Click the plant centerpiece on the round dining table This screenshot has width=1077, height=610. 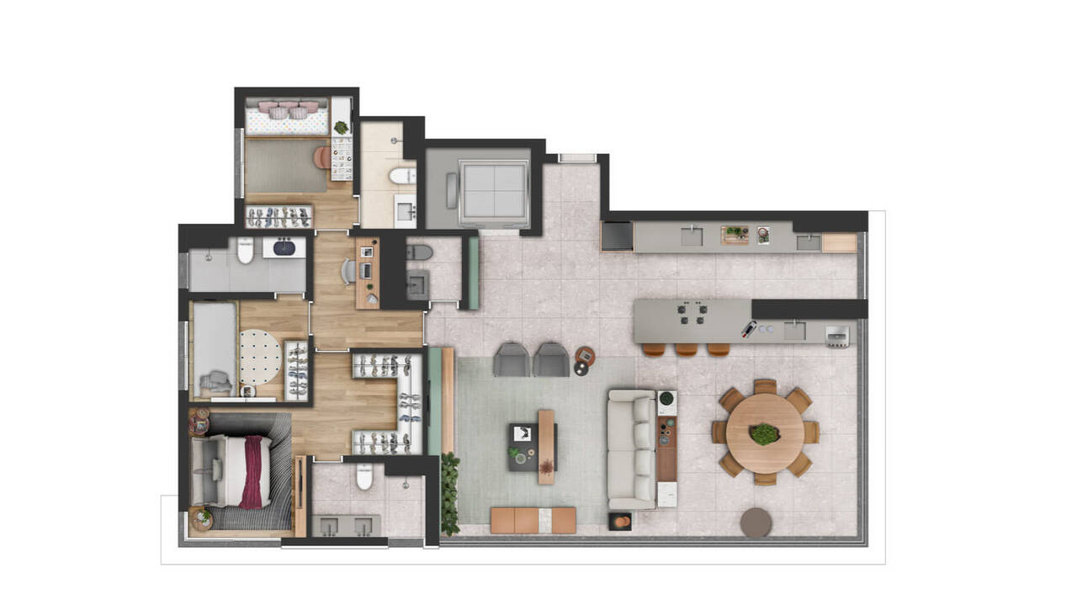point(764,434)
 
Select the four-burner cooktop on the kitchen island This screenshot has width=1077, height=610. point(694,314)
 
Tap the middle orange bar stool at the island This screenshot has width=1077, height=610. point(686,348)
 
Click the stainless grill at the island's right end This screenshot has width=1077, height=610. point(837,335)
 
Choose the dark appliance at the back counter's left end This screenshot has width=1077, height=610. point(617,236)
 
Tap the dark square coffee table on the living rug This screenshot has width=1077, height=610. point(523,446)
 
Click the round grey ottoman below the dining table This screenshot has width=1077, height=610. point(756,522)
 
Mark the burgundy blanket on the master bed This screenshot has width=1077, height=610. point(252,472)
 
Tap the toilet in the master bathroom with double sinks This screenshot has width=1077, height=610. point(364,477)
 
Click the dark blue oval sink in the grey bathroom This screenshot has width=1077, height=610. point(284,247)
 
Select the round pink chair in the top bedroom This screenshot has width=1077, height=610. point(322,156)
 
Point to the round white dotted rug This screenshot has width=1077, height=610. point(260,356)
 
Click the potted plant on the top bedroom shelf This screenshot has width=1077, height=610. point(341,128)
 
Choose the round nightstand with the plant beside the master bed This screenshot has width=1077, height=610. point(202,517)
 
